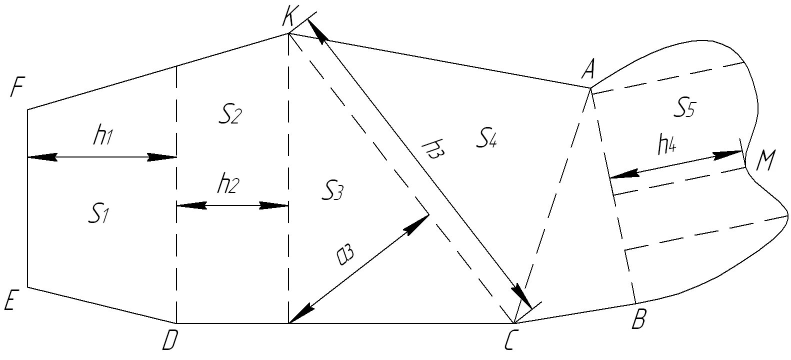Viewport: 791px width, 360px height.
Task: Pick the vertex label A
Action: [587, 70]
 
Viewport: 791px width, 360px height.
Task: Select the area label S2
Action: [230, 116]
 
